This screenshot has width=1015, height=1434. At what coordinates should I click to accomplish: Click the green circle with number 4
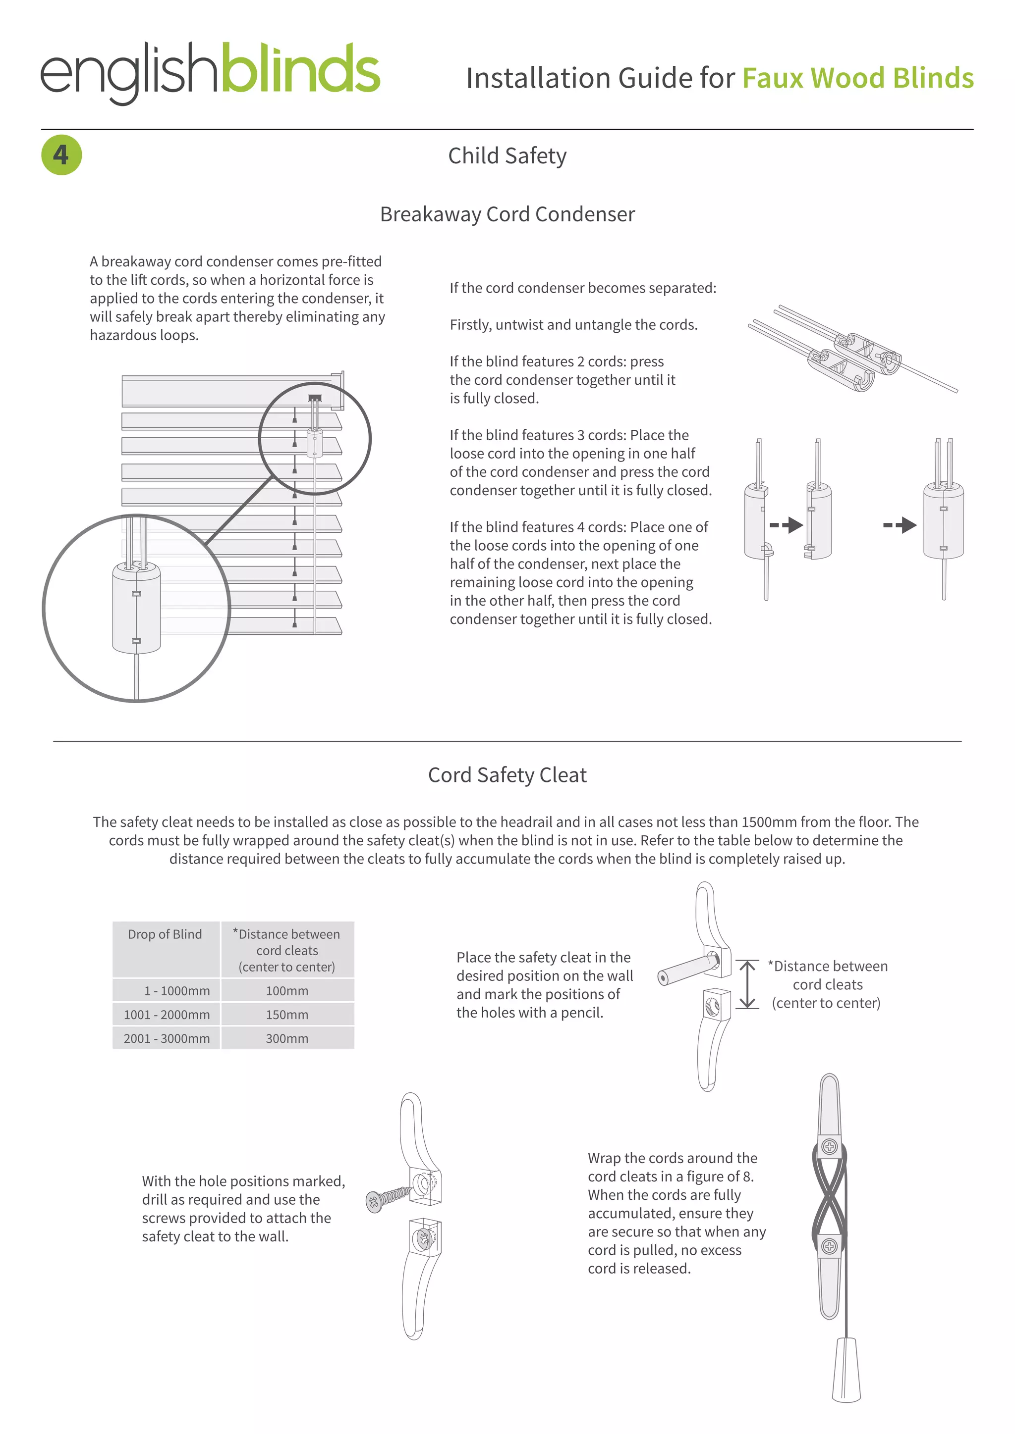click(61, 155)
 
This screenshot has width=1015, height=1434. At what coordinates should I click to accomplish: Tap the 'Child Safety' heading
click(507, 156)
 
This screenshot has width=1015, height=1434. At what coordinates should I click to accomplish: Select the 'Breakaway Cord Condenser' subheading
click(507, 214)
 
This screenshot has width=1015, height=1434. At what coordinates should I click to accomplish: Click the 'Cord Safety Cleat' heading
click(507, 775)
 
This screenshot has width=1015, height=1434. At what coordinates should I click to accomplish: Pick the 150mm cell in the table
click(287, 1014)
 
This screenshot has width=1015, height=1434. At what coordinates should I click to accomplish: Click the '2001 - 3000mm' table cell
click(166, 1038)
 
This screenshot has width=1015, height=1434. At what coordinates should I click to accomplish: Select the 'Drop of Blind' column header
click(165, 934)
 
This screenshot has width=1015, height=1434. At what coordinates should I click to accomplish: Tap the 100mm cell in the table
click(287, 990)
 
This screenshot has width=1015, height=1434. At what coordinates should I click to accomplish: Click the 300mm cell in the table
click(287, 1038)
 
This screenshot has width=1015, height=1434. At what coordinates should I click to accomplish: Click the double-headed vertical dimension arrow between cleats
click(747, 984)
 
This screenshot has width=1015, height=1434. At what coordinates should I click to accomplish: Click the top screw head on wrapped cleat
click(829, 1147)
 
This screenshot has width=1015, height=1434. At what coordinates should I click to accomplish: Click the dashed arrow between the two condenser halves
click(786, 525)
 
